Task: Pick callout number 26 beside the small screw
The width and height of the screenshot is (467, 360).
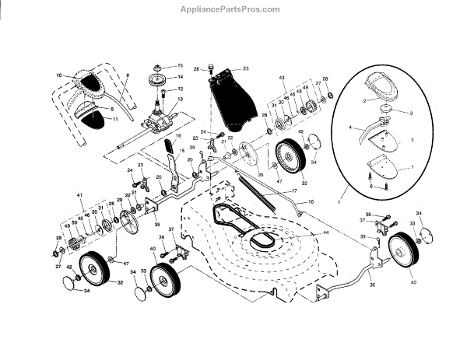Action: (197, 68)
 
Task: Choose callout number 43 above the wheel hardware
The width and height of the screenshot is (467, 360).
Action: (283, 79)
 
